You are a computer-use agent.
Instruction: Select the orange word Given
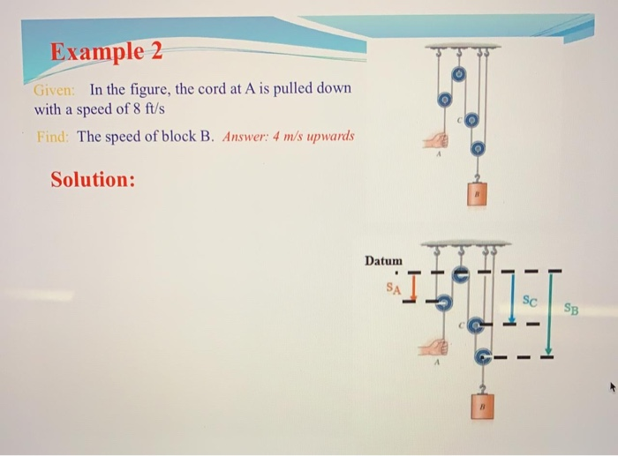click(54, 90)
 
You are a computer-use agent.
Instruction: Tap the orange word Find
click(52, 137)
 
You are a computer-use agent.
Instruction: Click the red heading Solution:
click(93, 179)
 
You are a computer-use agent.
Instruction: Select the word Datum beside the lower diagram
click(383, 261)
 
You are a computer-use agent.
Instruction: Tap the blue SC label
click(530, 299)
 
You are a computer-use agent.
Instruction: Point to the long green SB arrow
click(550, 311)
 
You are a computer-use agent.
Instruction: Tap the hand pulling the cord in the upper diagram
click(435, 140)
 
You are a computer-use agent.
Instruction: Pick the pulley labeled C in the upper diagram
click(472, 118)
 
